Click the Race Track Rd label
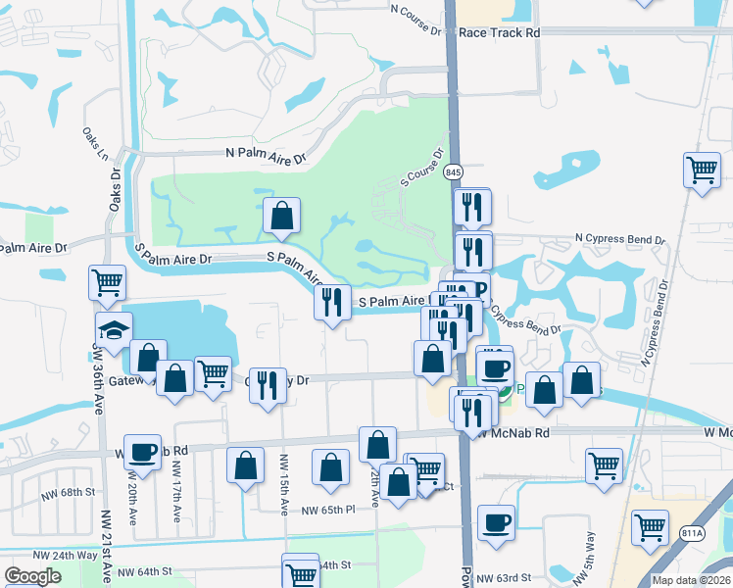(500, 32)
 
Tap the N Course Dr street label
(415, 17)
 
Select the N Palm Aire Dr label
(266, 155)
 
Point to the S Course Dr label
(422, 169)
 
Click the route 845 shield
(453, 172)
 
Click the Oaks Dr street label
(115, 192)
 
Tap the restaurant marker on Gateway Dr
(267, 384)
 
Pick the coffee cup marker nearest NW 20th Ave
(143, 452)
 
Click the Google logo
(32, 576)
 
